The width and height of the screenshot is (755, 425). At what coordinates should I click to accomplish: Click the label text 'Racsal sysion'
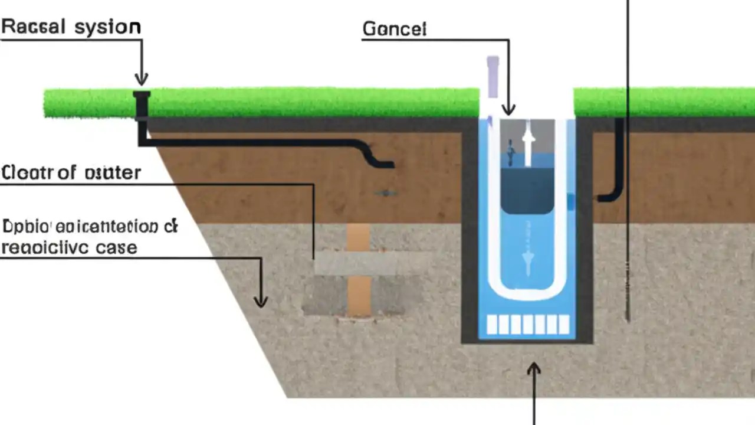point(71,27)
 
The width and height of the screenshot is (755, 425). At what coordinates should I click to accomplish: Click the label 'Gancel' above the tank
point(394,30)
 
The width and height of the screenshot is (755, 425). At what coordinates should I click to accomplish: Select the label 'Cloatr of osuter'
point(71,172)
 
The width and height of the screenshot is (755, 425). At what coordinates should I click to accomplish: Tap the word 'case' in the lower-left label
point(116,247)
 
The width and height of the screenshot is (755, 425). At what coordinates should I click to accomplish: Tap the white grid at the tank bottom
point(527,325)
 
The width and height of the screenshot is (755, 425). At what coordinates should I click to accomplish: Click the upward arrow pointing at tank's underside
point(534,371)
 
